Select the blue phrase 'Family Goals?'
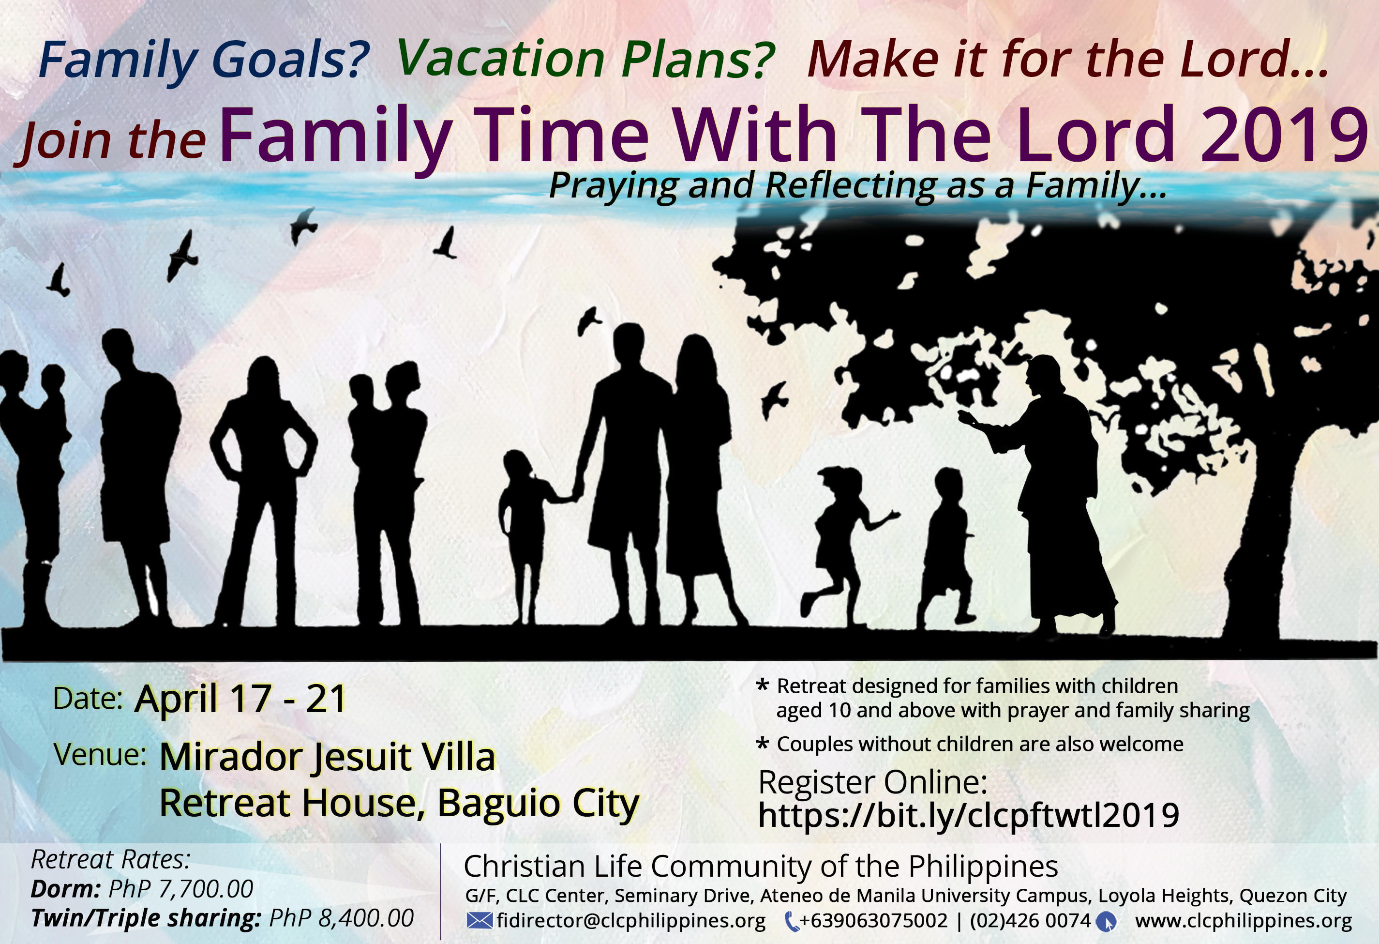[204, 60]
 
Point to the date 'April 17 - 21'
[240, 698]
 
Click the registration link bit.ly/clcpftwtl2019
[968, 815]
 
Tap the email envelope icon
[480, 920]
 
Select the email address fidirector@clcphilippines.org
[631, 920]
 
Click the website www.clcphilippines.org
[1243, 920]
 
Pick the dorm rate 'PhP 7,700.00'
[180, 889]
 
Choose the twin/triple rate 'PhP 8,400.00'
[341, 918]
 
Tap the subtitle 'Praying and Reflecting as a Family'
[857, 185]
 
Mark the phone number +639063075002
[873, 920]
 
